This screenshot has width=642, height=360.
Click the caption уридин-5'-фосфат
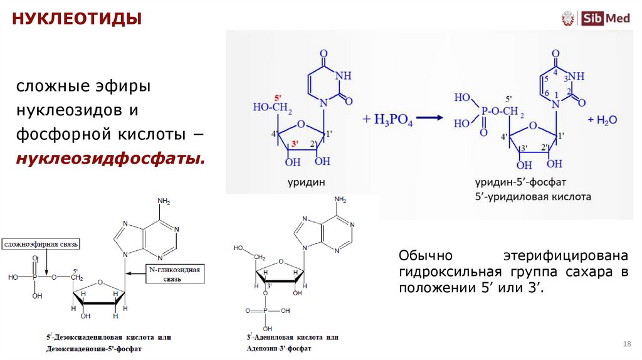pos(520,183)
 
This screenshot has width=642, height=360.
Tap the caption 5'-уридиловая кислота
pos(532,196)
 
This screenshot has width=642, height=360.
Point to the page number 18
pos(626,344)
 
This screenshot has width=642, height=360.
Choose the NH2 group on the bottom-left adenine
pos(164,201)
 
